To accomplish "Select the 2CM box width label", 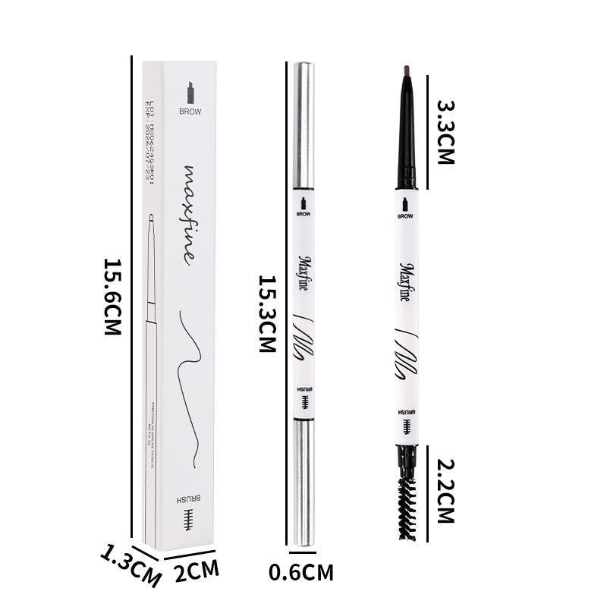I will (x=197, y=569).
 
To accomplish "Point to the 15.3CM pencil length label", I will (x=267, y=313).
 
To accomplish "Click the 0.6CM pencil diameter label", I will (x=301, y=572).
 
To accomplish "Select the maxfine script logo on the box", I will (x=187, y=212).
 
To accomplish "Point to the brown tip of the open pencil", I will (x=406, y=71).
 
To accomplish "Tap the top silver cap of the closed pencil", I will (x=303, y=125).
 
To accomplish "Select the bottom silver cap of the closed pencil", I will (x=303, y=483).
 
